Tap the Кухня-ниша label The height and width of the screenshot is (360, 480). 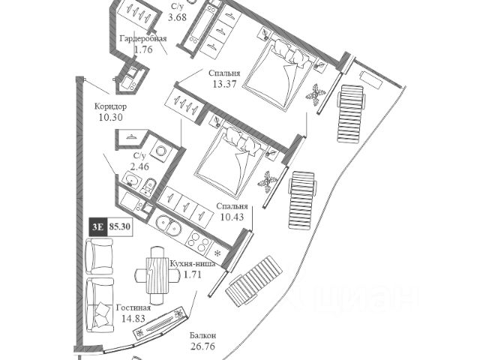tap(192, 264)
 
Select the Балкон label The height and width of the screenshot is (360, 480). tap(203, 335)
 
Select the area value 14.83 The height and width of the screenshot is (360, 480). tap(133, 319)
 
